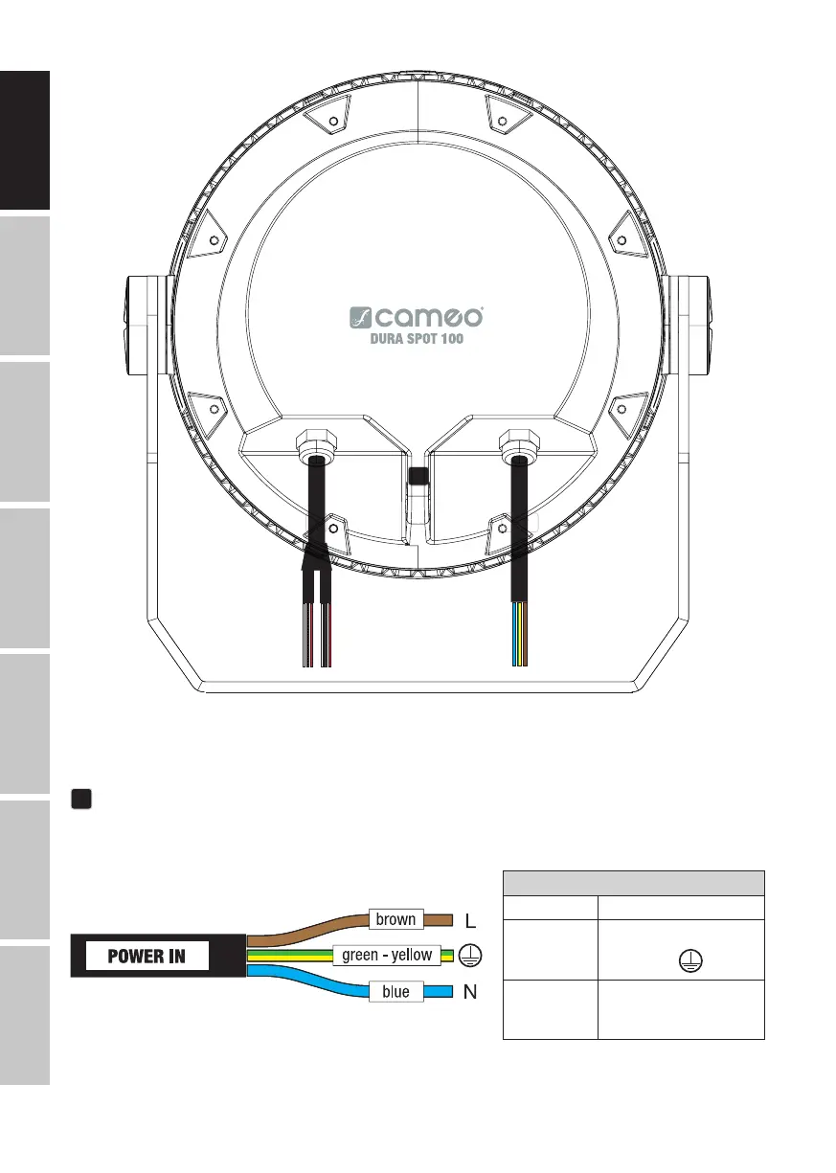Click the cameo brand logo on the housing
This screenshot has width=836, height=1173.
click(x=416, y=317)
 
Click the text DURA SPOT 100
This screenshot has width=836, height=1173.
click(x=417, y=339)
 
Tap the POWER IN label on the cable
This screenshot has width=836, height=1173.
click(x=147, y=956)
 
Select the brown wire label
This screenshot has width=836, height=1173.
click(x=396, y=919)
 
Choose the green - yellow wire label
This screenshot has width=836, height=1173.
click(x=387, y=956)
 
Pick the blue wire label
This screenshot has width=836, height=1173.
click(x=396, y=991)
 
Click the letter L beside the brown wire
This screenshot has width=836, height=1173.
click(x=470, y=920)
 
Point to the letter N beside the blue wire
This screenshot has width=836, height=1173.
click(x=470, y=991)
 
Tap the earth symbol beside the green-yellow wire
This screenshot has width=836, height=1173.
click(x=470, y=956)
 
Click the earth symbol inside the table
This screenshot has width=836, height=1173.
click(x=690, y=960)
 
